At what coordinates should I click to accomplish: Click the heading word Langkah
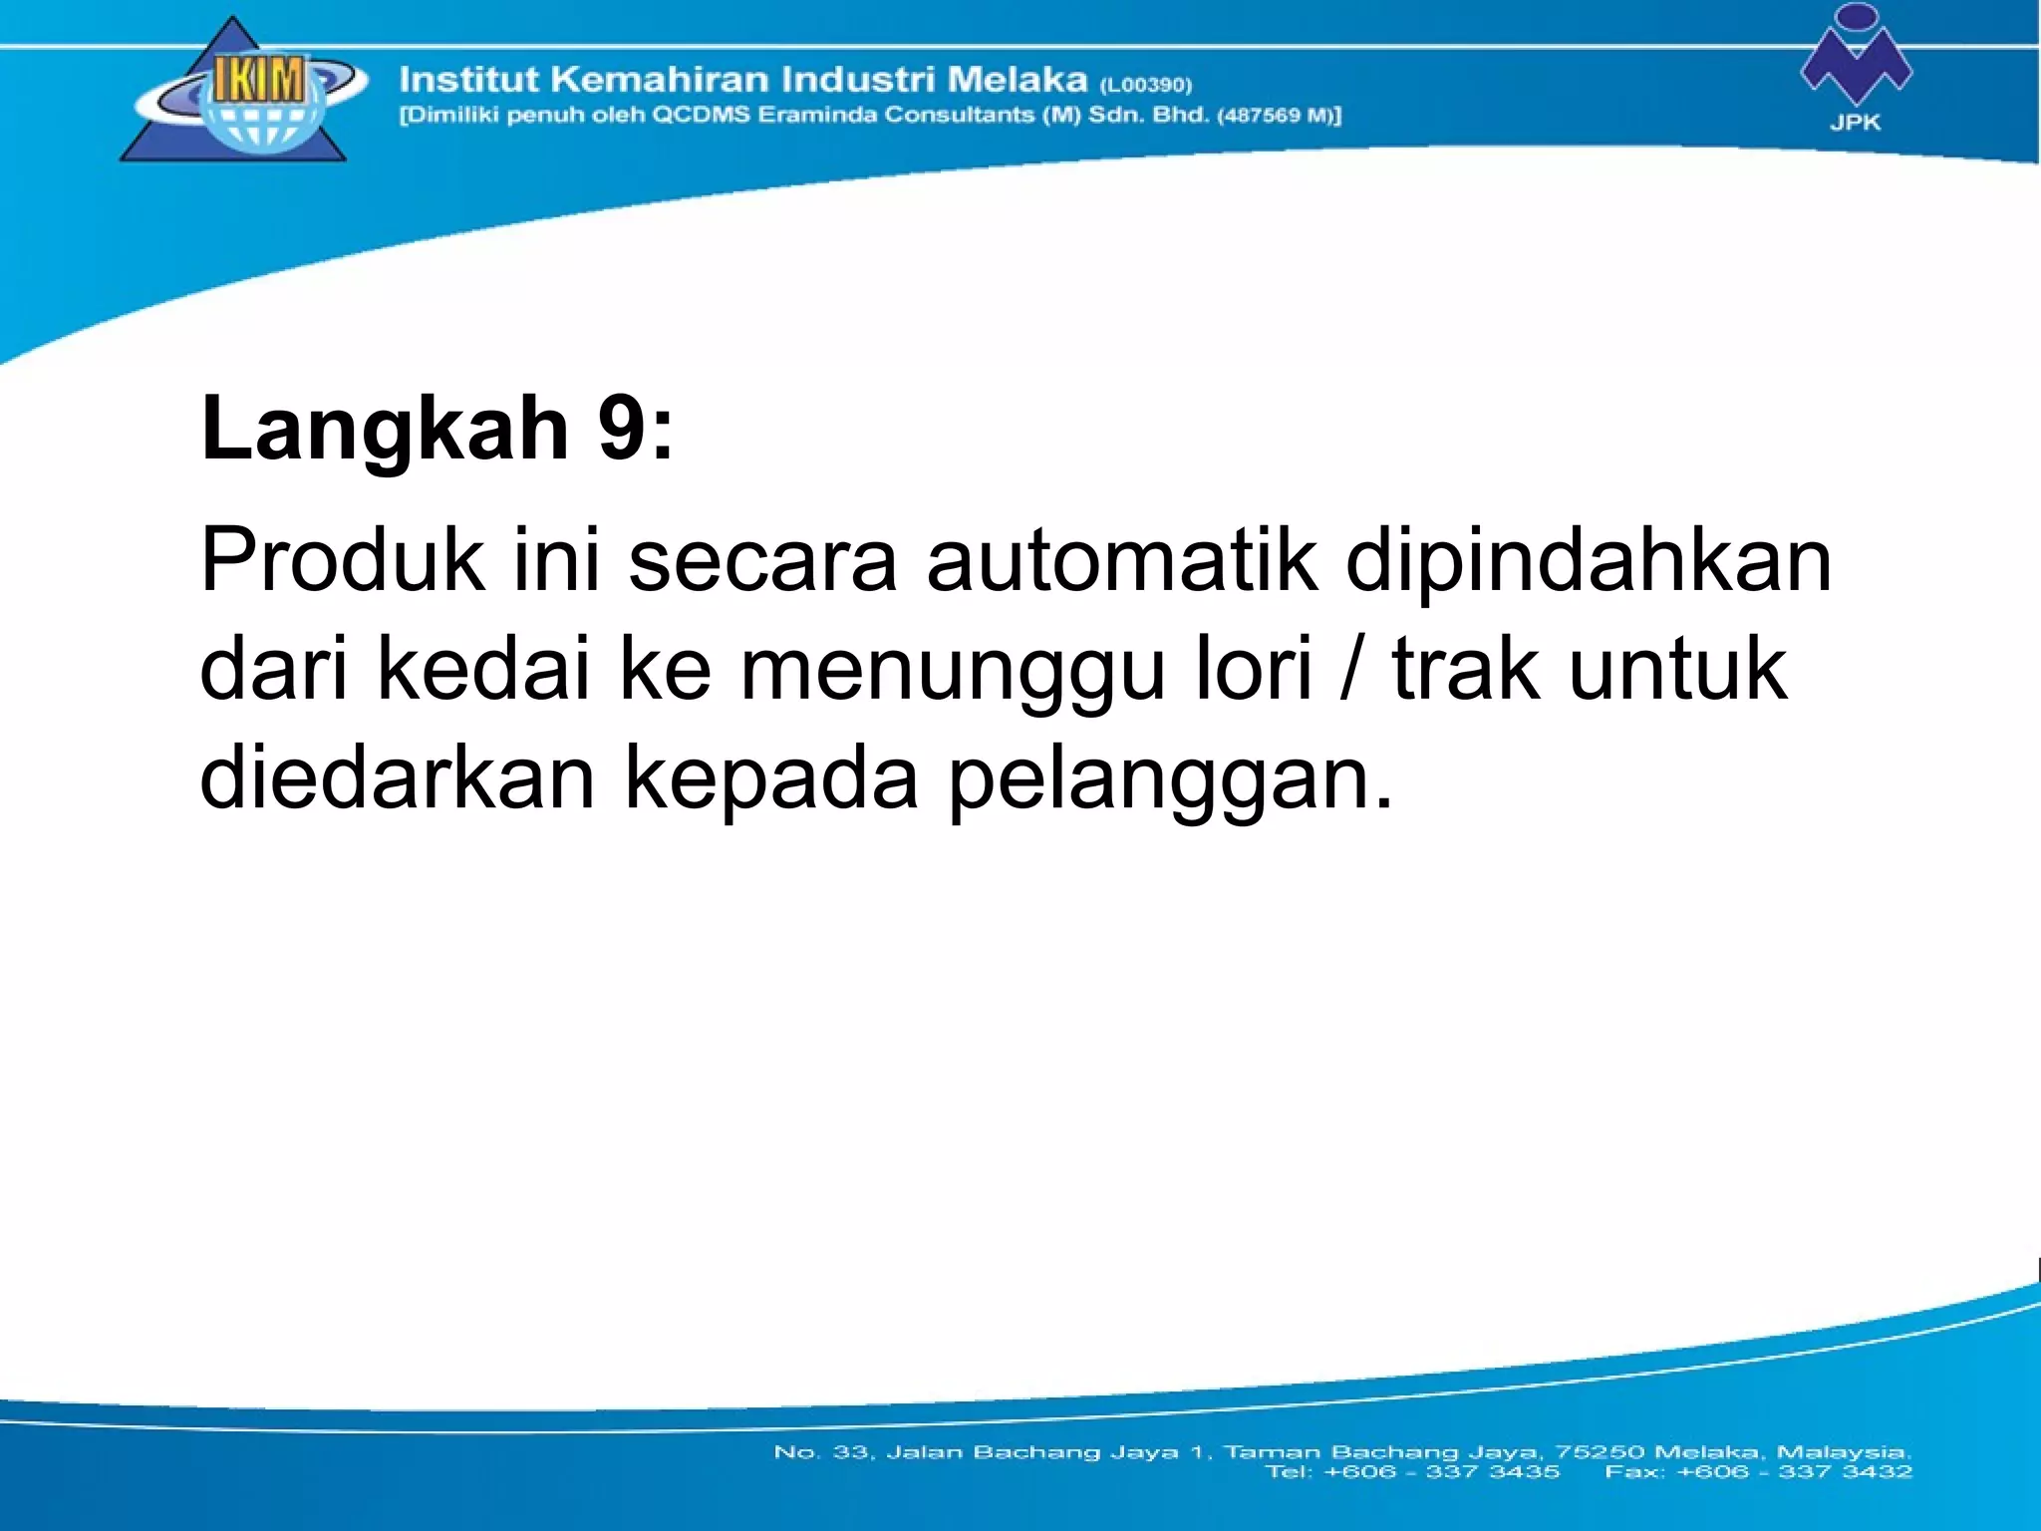tap(385, 429)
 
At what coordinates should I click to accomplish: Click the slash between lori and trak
tap(1351, 670)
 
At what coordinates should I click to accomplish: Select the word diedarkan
tap(397, 778)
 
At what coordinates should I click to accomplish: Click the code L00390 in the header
tap(1146, 85)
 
